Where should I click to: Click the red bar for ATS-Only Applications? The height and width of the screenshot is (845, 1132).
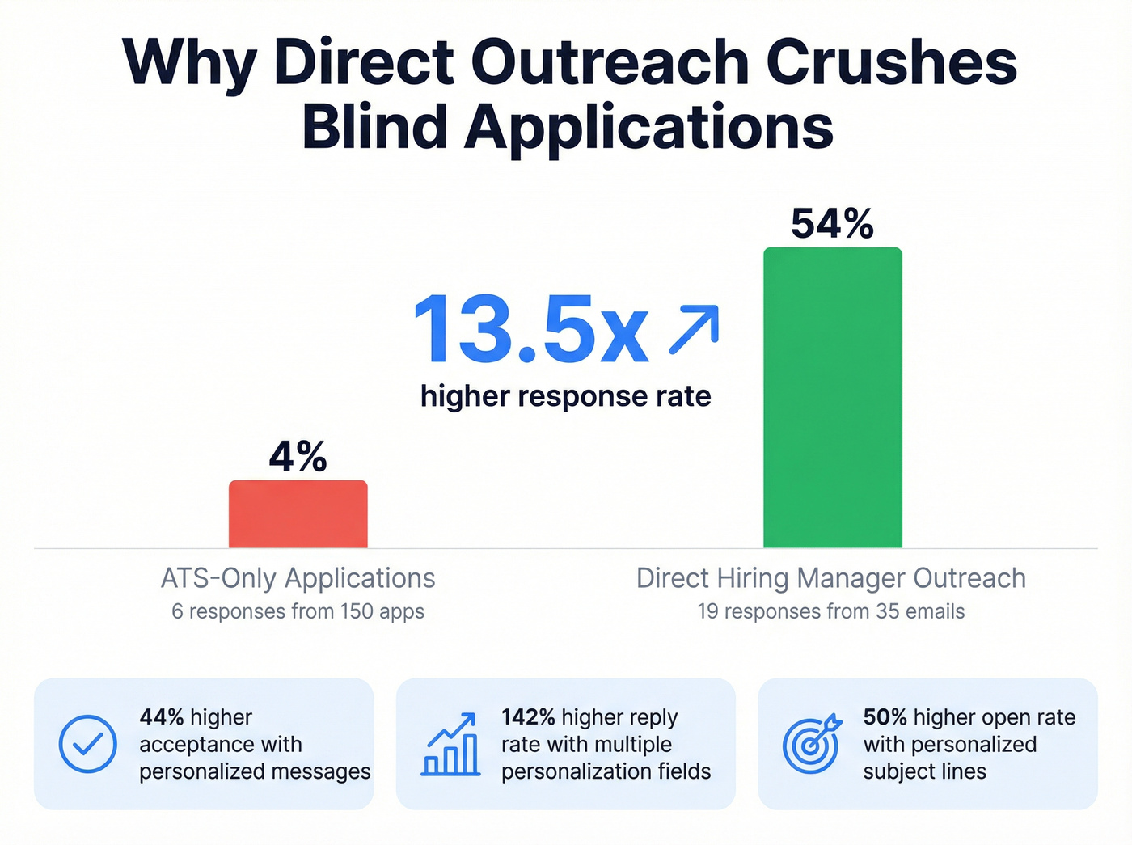click(298, 514)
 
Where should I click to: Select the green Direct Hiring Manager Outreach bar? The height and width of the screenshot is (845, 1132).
click(832, 398)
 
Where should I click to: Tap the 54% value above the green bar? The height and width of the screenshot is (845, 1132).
click(832, 224)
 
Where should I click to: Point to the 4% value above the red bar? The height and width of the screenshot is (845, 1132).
click(298, 457)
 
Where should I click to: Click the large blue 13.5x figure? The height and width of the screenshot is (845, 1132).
click(530, 330)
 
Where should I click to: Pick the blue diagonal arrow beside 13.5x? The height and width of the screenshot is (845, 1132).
click(694, 330)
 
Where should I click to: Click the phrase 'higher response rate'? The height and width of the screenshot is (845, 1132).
click(565, 396)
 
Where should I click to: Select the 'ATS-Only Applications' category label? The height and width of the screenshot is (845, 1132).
click(298, 578)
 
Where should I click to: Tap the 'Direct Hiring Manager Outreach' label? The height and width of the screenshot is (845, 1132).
click(830, 578)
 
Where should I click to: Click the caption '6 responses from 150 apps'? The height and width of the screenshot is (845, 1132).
click(298, 611)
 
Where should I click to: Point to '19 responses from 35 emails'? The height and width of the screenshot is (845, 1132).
click(830, 611)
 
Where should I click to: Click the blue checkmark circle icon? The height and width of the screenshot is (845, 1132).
click(88, 744)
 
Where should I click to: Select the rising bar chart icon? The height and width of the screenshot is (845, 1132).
click(450, 745)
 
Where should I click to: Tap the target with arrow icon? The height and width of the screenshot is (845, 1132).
click(812, 744)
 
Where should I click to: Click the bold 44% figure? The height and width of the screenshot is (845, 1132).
click(162, 717)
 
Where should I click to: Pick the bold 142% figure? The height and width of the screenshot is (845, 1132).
click(528, 717)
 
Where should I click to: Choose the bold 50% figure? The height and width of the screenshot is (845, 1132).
click(885, 717)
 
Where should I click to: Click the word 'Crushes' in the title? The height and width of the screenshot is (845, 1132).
click(891, 62)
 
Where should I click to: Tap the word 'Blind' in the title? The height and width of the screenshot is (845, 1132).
click(374, 127)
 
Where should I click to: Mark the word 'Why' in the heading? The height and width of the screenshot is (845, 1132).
click(189, 62)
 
